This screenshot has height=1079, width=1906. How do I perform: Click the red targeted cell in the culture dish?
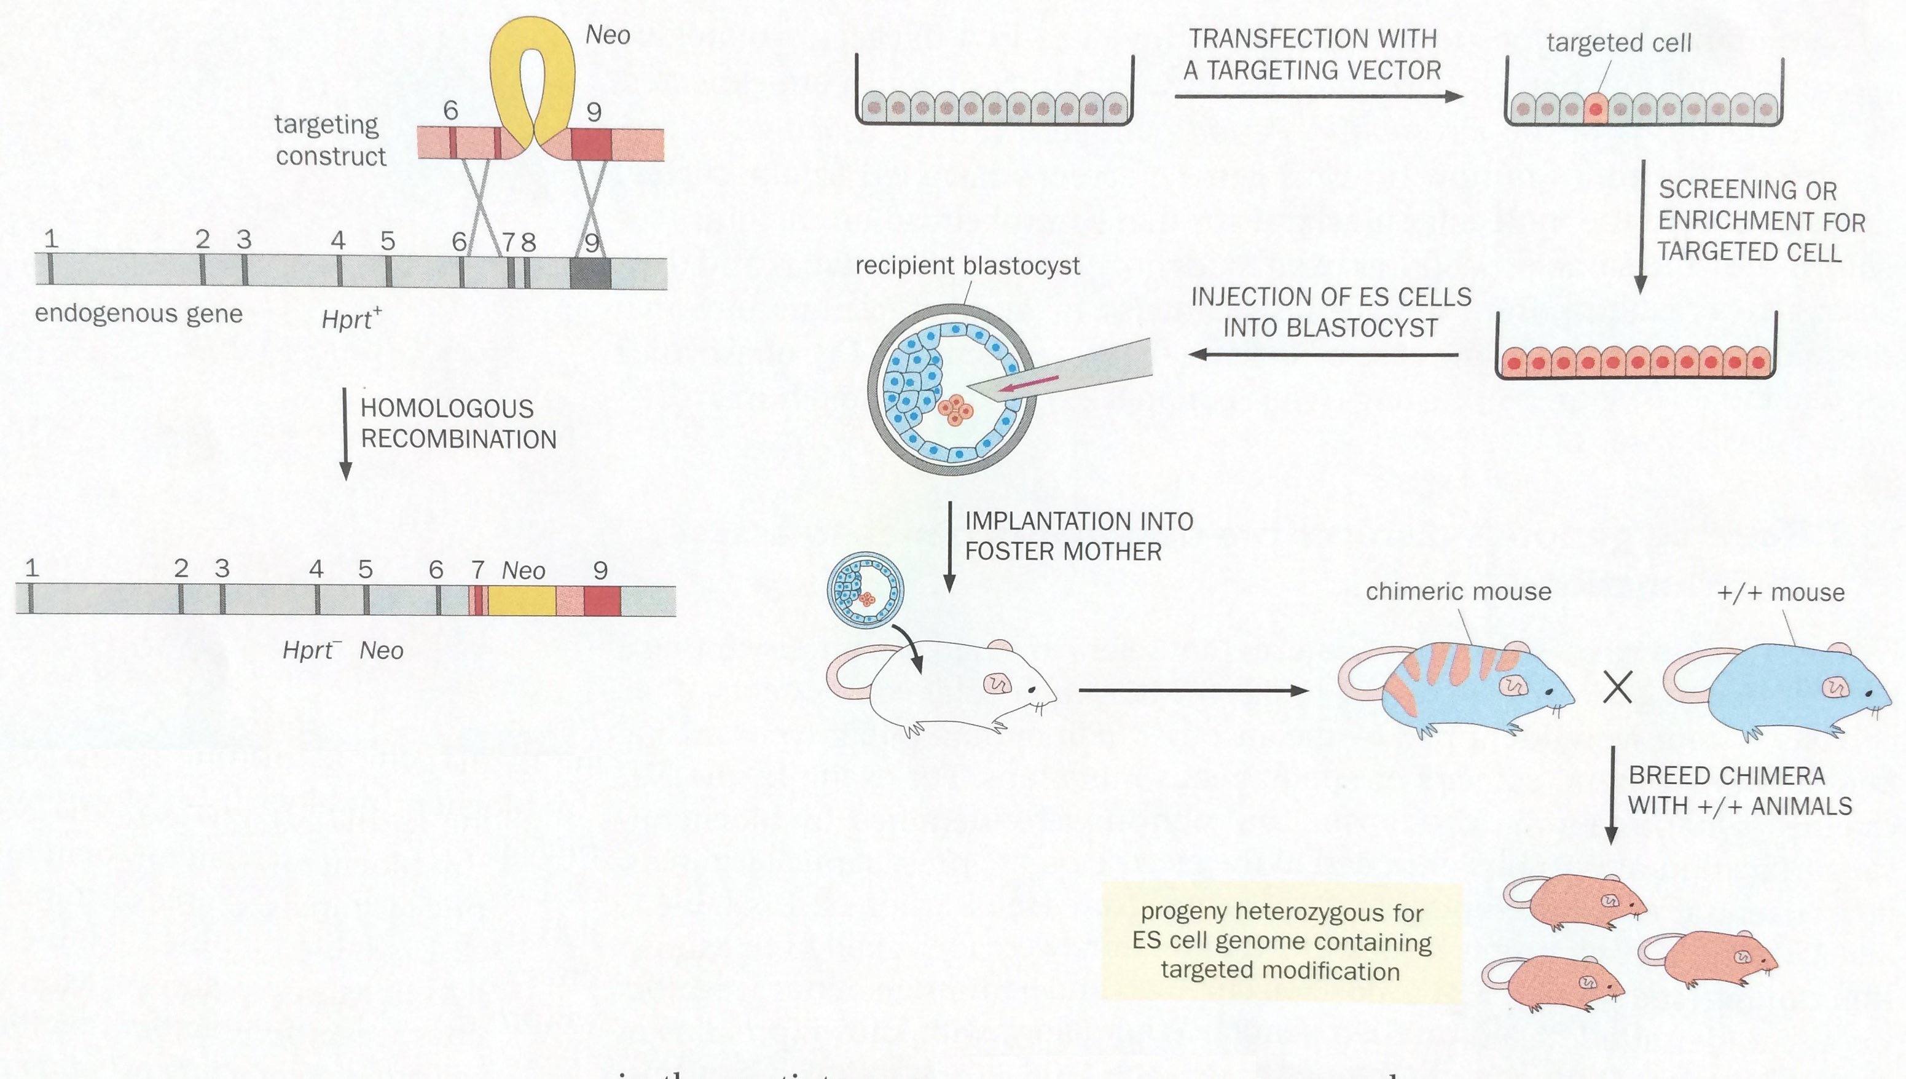(1596, 108)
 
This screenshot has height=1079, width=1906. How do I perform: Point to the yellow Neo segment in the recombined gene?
(522, 600)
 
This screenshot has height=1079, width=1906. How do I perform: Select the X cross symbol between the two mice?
(1617, 688)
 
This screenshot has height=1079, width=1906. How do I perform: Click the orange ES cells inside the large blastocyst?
(955, 410)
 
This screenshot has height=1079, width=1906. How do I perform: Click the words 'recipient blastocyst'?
(967, 265)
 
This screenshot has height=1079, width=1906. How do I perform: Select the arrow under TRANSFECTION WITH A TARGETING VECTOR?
(1317, 96)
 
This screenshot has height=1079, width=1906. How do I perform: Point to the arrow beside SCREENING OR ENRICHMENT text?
(1640, 226)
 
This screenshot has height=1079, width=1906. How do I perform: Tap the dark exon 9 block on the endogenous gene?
(590, 273)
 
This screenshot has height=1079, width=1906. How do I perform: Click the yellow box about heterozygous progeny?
(1281, 941)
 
